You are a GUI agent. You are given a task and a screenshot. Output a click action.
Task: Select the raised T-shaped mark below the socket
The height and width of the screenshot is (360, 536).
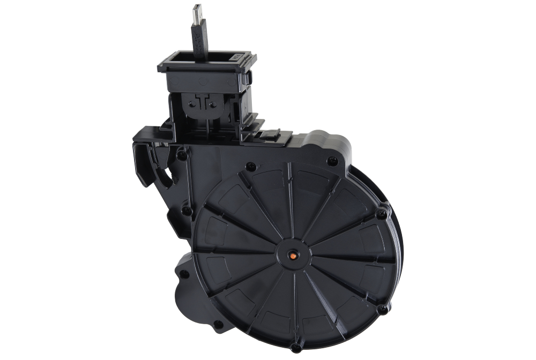(x=202, y=102)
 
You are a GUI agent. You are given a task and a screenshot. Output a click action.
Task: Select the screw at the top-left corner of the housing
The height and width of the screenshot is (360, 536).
(x=183, y=155)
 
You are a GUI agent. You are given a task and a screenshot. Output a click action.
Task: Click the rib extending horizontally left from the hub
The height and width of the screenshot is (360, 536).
(x=236, y=251)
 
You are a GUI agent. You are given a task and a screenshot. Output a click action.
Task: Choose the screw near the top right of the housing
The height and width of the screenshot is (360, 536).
(x=332, y=159)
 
